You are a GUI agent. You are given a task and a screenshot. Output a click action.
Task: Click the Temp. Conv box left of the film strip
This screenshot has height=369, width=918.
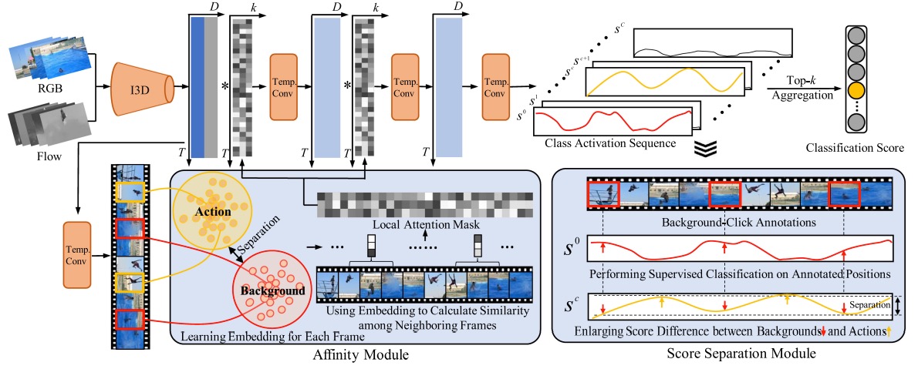click(76, 254)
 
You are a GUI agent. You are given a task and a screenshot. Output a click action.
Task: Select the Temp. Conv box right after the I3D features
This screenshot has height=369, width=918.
click(284, 86)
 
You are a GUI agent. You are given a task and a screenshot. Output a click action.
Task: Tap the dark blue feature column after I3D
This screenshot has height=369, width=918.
click(198, 87)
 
